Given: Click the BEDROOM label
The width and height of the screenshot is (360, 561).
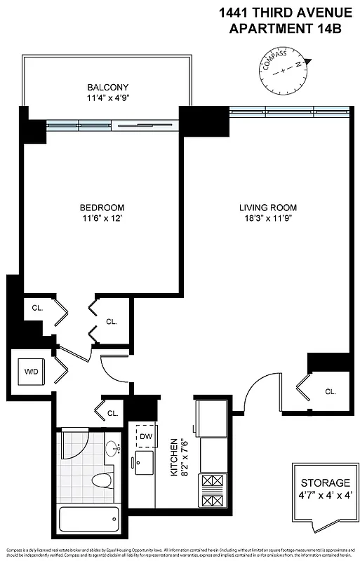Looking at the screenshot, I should [102, 208].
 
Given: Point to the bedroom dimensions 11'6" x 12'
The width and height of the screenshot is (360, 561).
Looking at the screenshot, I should [102, 219].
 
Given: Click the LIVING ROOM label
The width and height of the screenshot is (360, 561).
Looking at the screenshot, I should [267, 208].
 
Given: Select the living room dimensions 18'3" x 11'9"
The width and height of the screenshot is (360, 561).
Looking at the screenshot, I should [267, 219].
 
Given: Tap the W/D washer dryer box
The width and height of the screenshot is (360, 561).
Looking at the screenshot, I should [32, 371].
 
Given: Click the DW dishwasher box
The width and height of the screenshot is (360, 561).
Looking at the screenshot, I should [146, 437].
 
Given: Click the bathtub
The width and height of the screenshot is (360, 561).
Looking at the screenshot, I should [88, 520].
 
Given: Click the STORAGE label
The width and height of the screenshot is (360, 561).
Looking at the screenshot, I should [325, 483].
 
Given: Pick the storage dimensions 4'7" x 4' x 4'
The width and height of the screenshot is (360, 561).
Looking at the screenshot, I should [325, 495].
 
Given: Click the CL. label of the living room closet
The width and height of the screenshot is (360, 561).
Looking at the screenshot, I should [331, 391].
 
